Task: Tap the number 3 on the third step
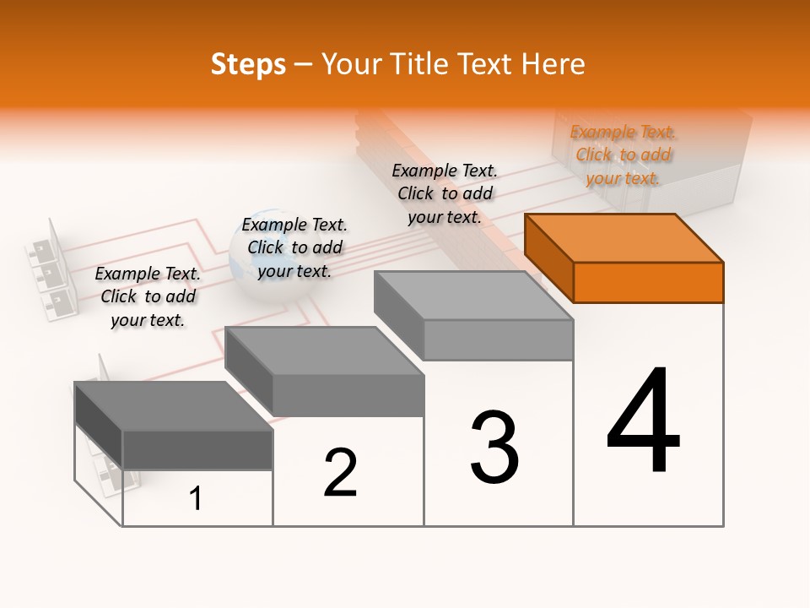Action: tap(494, 448)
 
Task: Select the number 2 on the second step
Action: tap(340, 473)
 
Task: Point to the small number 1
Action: tap(195, 499)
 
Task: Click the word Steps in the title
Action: tap(248, 64)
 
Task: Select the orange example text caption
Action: tap(623, 155)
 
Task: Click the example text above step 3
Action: tap(445, 193)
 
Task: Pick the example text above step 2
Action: tap(294, 247)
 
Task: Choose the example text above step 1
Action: tap(148, 296)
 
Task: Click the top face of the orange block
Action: tap(624, 237)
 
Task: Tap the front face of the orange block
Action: tap(648, 282)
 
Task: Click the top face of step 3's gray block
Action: tap(473, 296)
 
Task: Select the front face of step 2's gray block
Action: tap(348, 395)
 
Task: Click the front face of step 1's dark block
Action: tap(197, 449)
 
